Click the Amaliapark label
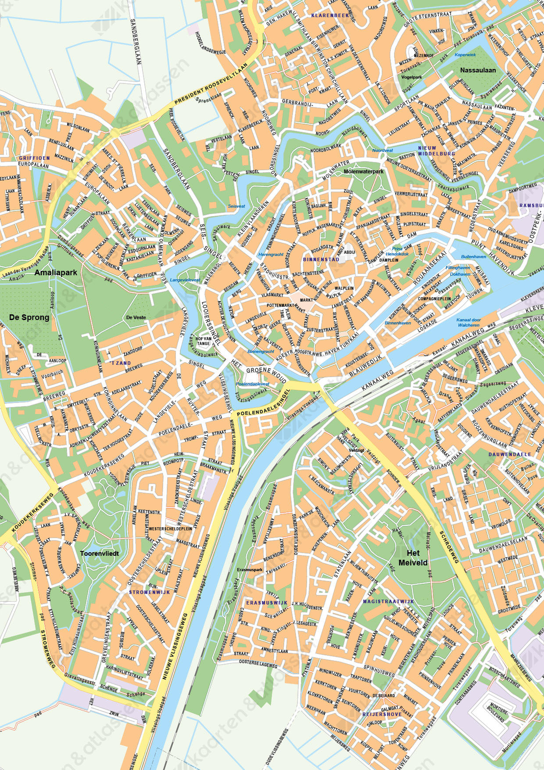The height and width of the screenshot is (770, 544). point(56,273)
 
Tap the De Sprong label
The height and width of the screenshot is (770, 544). point(29,317)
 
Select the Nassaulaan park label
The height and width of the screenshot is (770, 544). point(478,70)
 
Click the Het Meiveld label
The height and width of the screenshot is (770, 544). point(413,558)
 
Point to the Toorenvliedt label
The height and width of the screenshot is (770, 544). point(100,554)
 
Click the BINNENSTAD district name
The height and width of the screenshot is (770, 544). point(321,259)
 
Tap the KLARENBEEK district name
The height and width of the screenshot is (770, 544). point(330,15)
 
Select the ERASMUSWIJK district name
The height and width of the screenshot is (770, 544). point(267,603)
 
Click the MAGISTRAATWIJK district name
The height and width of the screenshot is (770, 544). point(388,601)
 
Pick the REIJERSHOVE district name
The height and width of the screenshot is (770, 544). point(382,714)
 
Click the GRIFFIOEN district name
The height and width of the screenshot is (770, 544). point(34,158)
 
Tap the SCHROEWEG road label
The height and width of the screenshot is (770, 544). point(448,547)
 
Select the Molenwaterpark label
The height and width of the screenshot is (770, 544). point(363,172)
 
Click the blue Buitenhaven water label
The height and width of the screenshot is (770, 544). point(473,256)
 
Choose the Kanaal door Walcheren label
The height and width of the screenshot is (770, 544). point(468,323)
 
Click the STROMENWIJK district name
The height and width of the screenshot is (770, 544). point(149,592)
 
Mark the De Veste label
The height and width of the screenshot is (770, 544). point(136,317)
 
